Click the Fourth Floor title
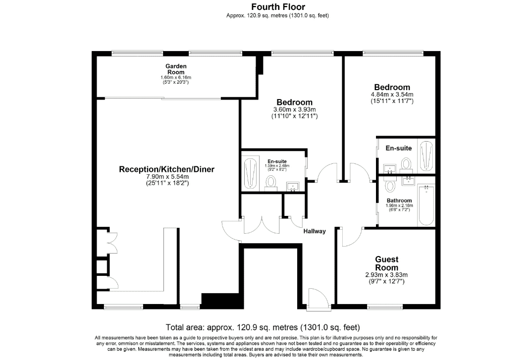[278, 7]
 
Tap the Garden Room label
[176, 69]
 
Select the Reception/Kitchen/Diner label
[166, 169]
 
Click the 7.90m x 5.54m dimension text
[167, 176]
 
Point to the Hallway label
[314, 231]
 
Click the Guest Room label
[386, 263]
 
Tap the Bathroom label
[399, 201]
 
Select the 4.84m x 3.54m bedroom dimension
[392, 95]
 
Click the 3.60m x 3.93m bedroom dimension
[294, 109]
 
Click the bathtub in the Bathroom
[425, 205]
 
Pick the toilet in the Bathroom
[390, 185]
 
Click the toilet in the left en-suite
[270, 183]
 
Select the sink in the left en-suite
[293, 187]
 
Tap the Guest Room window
[385, 307]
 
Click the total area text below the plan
[263, 327]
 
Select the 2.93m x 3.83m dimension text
[386, 275]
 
